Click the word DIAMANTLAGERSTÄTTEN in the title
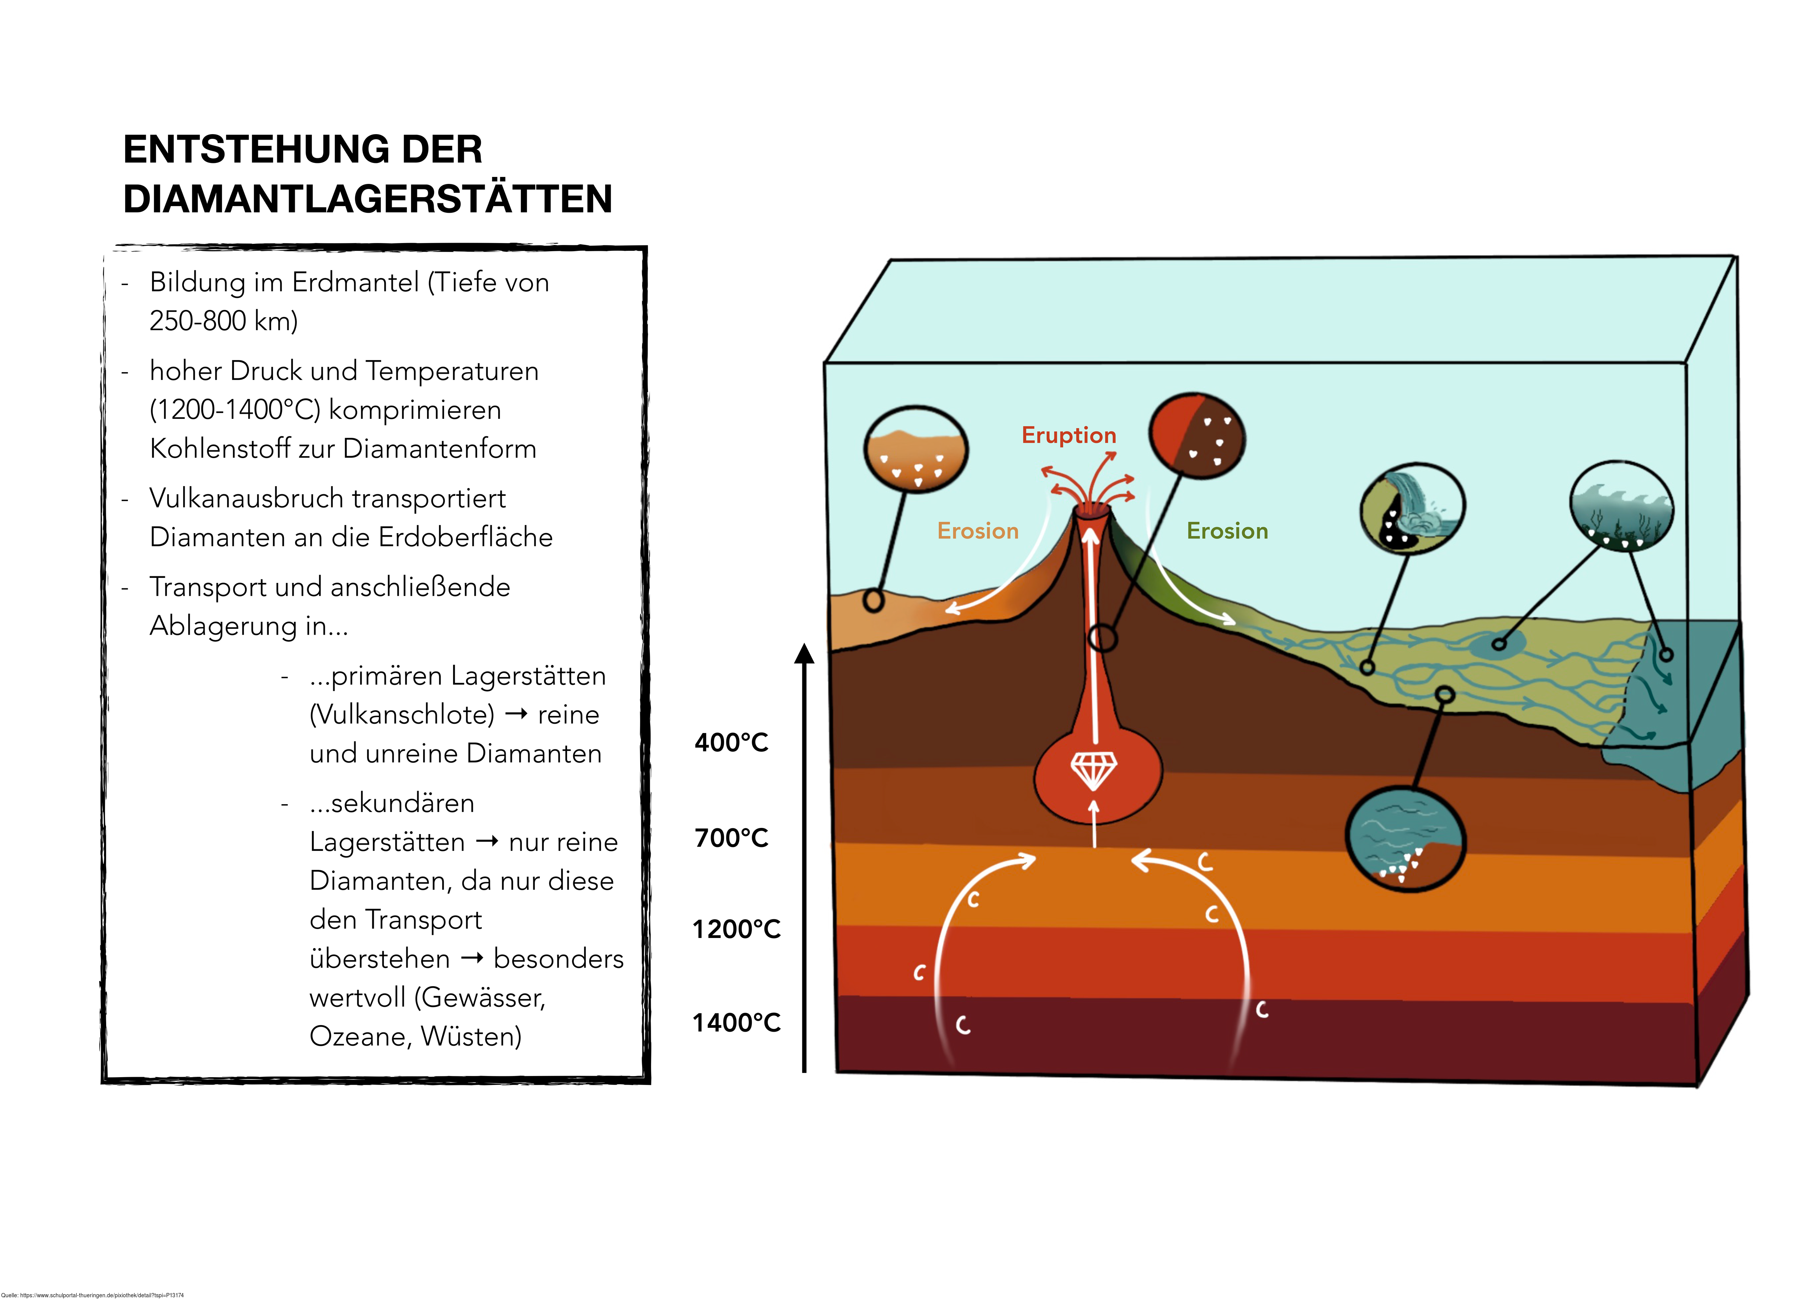coord(368,199)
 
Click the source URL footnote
coord(92,1295)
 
